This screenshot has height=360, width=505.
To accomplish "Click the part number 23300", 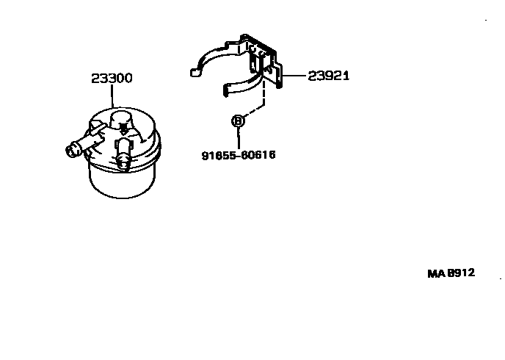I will tap(112, 78).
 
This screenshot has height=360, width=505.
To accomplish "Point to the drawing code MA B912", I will tap(451, 273).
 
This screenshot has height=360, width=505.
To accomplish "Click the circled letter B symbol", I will tap(238, 121).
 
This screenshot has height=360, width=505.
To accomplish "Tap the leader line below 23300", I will tap(112, 96).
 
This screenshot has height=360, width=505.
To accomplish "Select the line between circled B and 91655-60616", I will tap(238, 139).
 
